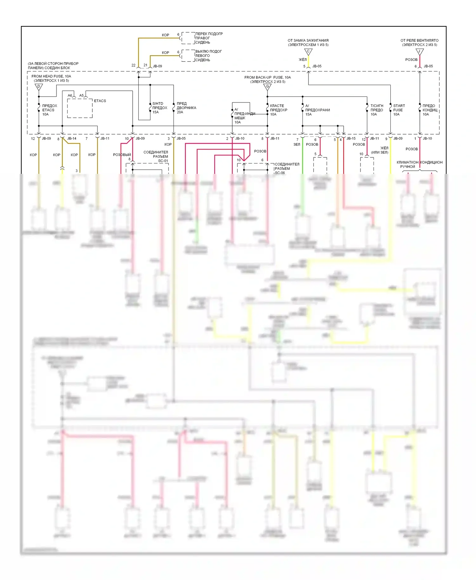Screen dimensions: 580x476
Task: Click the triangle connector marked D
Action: [x=39, y=87]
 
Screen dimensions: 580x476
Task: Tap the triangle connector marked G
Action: [x=268, y=87]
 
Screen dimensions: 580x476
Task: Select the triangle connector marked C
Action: [x=308, y=51]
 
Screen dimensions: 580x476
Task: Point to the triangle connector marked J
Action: [x=420, y=51]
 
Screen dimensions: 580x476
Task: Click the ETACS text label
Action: [x=100, y=101]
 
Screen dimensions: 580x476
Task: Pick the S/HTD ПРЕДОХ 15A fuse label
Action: [x=160, y=108]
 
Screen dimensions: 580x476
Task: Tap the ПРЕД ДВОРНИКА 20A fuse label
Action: [x=186, y=108]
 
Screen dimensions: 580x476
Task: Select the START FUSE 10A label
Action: [x=399, y=110]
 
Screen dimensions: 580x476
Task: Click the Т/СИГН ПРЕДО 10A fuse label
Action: [x=377, y=110]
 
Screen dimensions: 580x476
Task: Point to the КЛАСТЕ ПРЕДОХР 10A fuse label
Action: [x=278, y=110]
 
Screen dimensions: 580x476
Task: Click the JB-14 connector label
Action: [x=72, y=139]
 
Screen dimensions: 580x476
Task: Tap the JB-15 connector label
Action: [x=351, y=139]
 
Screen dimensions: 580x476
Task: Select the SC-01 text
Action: [x=163, y=161]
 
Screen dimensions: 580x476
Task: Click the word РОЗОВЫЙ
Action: [x=122, y=155]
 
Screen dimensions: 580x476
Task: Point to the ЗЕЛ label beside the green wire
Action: [x=297, y=145]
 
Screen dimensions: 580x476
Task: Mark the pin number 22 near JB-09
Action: [x=134, y=65]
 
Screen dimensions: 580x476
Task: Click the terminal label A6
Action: [x=70, y=96]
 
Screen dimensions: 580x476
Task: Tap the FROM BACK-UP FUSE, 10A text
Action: [x=267, y=77]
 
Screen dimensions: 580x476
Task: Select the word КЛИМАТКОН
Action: [x=407, y=162]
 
